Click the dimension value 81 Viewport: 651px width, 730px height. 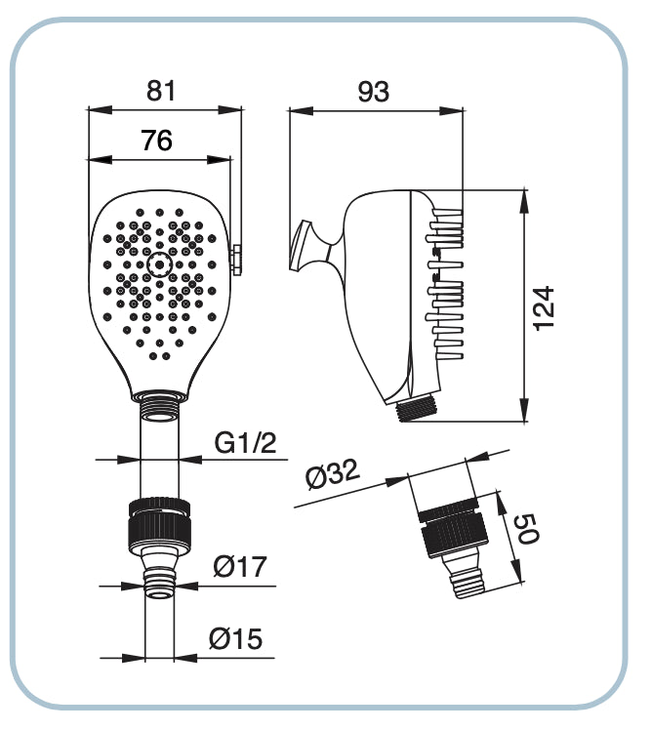tap(161, 91)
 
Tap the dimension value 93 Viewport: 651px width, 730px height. tap(374, 93)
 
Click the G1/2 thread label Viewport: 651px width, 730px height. tap(245, 444)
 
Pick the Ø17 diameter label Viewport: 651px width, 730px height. tap(239, 567)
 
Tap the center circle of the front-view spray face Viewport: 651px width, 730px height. tap(159, 263)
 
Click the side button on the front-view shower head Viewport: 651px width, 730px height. tap(236, 258)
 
